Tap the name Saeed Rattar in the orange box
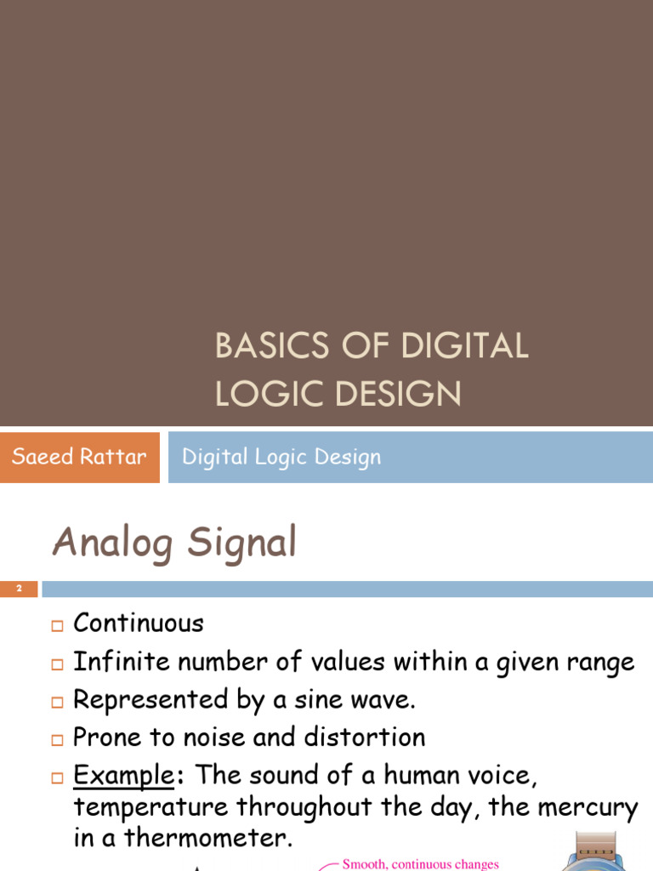[79, 457]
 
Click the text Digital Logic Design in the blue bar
[281, 457]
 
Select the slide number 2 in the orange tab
[19, 589]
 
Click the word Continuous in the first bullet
[139, 623]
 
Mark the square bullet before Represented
[57, 703]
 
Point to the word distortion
[371, 737]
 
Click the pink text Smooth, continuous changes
[420, 864]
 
